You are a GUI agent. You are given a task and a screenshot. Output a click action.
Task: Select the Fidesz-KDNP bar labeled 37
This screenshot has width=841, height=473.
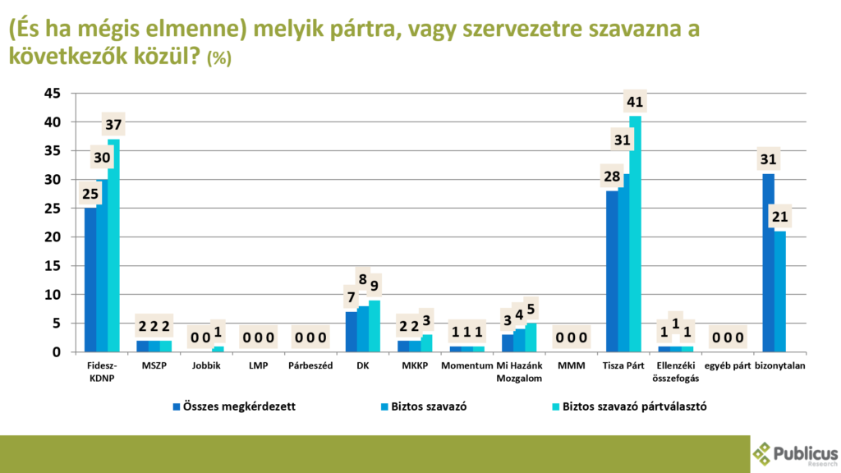click(113, 246)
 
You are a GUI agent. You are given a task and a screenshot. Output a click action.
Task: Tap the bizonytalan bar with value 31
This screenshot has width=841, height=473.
click(769, 263)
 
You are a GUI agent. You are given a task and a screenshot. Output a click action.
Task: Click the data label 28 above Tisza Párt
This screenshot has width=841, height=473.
click(612, 177)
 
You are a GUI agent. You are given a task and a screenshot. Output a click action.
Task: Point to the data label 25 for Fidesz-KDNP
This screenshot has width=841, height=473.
click(90, 195)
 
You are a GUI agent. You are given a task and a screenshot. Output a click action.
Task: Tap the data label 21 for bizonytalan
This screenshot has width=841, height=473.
click(780, 218)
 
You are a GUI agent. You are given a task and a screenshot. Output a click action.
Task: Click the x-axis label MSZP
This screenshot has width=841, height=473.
click(154, 366)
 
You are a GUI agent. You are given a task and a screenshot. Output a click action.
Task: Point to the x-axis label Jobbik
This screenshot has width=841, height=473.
click(205, 366)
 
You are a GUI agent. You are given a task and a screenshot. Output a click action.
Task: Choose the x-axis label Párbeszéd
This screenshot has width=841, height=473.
click(310, 366)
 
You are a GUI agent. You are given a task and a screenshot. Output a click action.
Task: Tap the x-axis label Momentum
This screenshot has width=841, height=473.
click(466, 366)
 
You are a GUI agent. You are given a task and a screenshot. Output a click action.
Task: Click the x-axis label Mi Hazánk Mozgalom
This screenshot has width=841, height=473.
click(519, 372)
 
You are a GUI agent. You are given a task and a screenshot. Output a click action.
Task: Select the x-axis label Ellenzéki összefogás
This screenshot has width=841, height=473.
click(675, 372)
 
